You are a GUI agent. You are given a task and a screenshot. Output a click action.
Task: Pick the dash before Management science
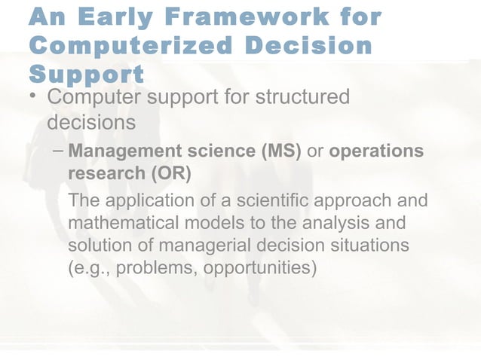pyautogui.click(x=58, y=151)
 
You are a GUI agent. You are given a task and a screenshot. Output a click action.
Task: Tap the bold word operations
pyautogui.click(x=377, y=151)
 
